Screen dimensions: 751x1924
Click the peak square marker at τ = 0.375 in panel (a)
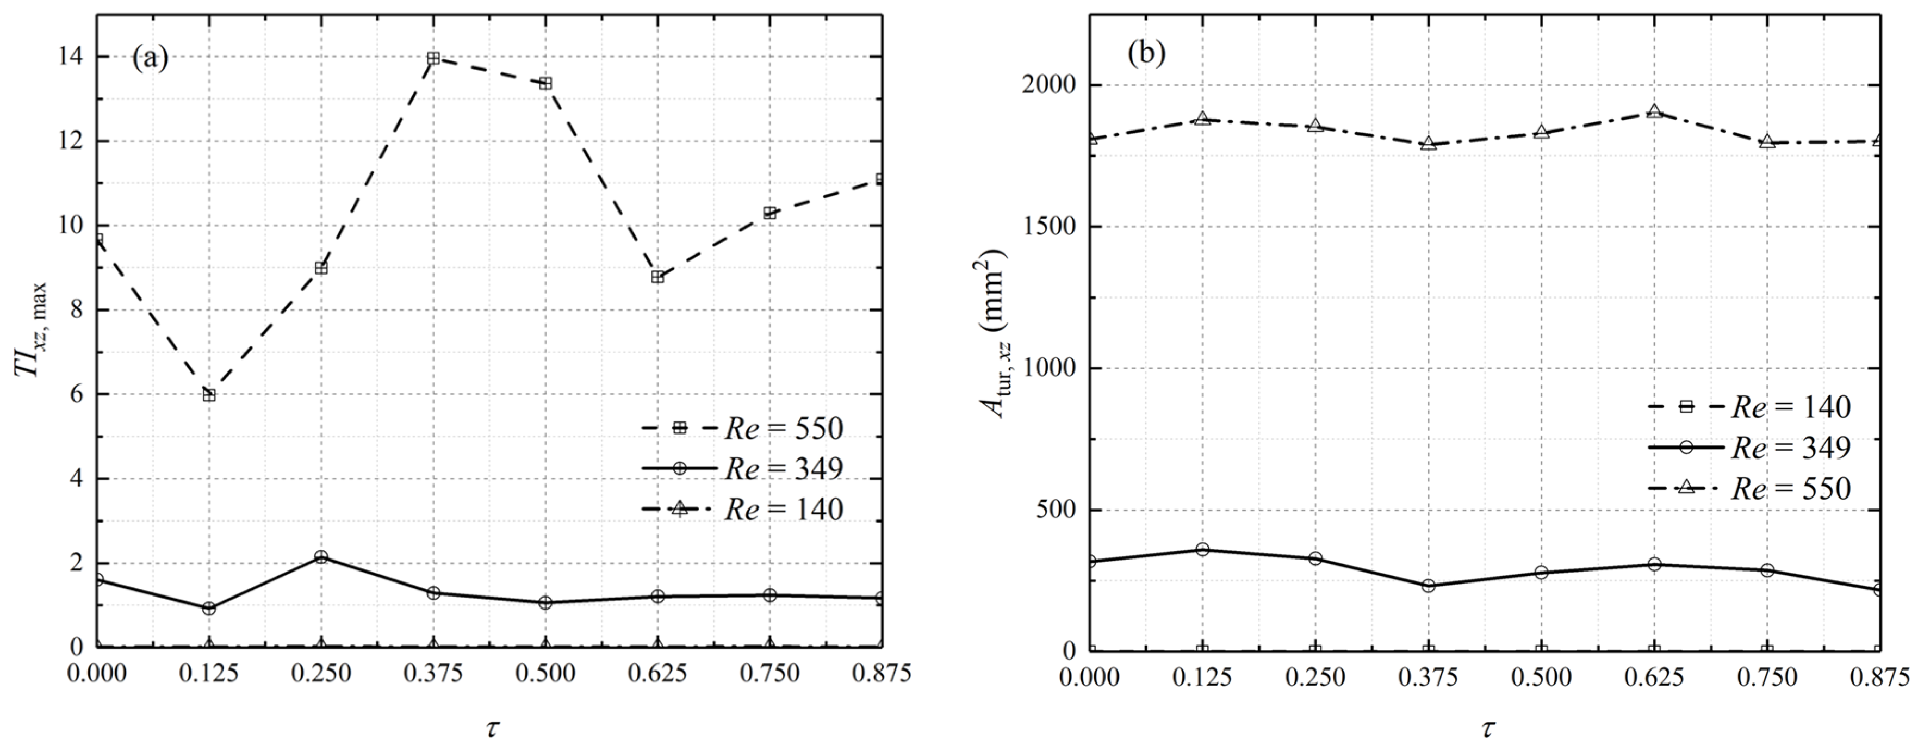coord(433,58)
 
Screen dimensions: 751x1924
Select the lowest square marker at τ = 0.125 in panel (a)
coord(209,395)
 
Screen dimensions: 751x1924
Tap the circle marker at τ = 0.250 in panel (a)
coord(321,557)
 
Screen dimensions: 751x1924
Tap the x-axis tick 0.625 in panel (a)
coord(657,673)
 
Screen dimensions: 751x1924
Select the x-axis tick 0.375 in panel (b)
coord(1428,677)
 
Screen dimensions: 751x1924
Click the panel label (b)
coord(1146,54)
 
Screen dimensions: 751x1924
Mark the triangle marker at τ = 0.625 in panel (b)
coord(1654,112)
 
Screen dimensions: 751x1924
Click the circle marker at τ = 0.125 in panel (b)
coord(1202,549)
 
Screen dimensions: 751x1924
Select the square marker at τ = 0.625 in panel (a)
coord(657,277)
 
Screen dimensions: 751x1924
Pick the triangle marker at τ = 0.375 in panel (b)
coord(1429,144)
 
